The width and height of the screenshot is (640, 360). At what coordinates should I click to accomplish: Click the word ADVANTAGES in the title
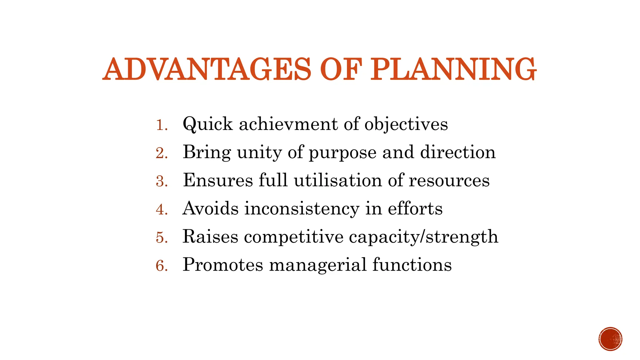pyautogui.click(x=207, y=69)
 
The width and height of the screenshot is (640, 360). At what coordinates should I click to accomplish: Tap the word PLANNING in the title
pyautogui.click(x=453, y=69)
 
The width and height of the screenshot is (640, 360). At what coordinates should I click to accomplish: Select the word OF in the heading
pyautogui.click(x=341, y=69)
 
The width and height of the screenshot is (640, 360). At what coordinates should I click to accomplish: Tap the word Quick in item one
pyautogui.click(x=207, y=124)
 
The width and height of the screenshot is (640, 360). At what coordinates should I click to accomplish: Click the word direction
pyautogui.click(x=458, y=152)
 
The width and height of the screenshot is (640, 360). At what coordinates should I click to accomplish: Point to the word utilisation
pyautogui.click(x=338, y=180)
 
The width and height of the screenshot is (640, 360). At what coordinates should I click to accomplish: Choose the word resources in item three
pyautogui.click(x=449, y=181)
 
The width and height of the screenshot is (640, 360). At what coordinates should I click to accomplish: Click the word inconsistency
pyautogui.click(x=302, y=209)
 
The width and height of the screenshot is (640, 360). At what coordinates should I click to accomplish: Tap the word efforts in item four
pyautogui.click(x=415, y=208)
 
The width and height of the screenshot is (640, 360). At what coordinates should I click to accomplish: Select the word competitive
pyautogui.click(x=294, y=237)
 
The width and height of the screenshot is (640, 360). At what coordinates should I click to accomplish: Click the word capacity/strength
pyautogui.click(x=423, y=237)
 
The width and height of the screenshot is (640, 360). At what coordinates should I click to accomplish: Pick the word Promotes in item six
pyautogui.click(x=223, y=265)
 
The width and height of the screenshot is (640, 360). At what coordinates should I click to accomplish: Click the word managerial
pyautogui.click(x=318, y=265)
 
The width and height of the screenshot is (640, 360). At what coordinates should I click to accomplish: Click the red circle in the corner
pyautogui.click(x=610, y=339)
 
